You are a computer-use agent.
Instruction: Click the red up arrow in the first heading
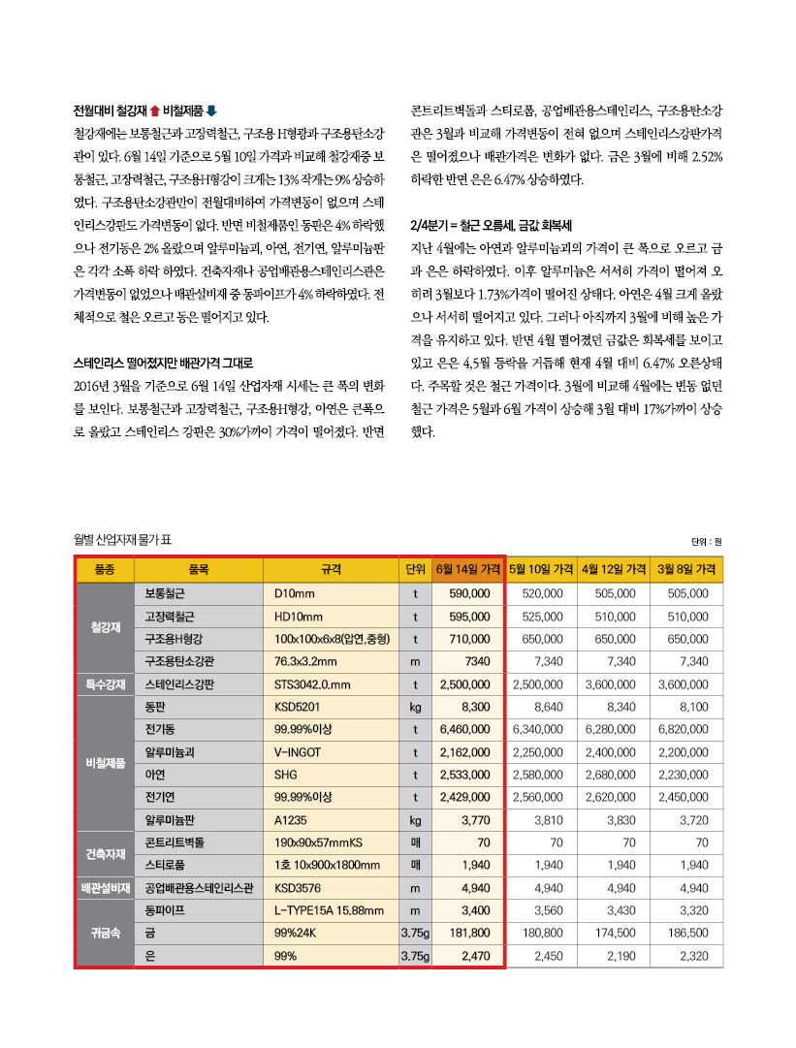pos(154,110)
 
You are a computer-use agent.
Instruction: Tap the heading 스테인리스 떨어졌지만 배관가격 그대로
pos(163,363)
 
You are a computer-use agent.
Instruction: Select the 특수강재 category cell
pos(105,684)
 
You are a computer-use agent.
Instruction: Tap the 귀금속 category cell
pos(105,934)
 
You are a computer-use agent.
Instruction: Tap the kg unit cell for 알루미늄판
pos(415,820)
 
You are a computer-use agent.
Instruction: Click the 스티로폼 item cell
pos(167,865)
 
